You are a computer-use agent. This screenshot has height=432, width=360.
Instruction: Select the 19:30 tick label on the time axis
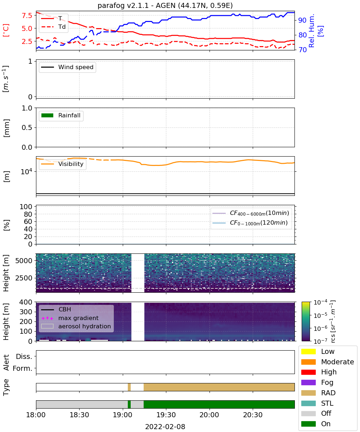point(166,415)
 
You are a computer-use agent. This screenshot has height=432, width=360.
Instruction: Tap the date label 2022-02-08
point(165,427)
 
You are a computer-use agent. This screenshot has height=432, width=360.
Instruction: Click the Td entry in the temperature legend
point(53,27)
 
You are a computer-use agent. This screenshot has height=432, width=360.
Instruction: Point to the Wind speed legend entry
point(67,67)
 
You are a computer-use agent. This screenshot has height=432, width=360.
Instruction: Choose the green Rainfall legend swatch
point(48,115)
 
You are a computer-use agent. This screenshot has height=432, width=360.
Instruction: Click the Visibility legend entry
point(62,164)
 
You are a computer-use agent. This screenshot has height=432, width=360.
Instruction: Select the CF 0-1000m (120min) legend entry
point(250,223)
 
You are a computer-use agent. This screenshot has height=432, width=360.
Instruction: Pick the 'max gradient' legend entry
point(70,318)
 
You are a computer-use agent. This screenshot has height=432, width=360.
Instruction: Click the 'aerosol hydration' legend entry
point(76,326)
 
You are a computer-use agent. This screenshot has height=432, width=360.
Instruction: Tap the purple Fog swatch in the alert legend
point(308,382)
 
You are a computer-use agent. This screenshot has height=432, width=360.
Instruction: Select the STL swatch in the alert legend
point(308,403)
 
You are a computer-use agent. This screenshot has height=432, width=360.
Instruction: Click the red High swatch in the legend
point(308,372)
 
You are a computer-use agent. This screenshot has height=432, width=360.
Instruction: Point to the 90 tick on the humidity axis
point(302,20)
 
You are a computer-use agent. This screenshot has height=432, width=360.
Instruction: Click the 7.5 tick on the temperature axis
point(27,15)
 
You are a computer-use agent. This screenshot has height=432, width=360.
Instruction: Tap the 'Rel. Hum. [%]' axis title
point(316,31)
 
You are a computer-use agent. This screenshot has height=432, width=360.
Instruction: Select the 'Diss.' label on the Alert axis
point(24,356)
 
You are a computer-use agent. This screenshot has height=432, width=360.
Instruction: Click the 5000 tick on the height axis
point(24,261)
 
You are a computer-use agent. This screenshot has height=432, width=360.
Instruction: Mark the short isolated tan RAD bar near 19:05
point(129,387)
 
